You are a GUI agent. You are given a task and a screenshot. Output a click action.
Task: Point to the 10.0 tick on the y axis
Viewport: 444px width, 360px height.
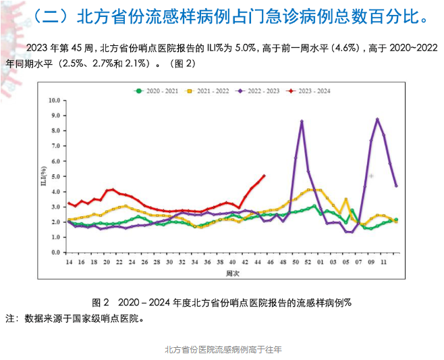[x=55, y=100]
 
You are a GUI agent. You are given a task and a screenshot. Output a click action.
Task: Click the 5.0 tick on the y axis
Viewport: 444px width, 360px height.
[x=56, y=176]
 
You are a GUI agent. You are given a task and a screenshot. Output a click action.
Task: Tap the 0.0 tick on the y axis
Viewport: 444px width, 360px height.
[x=56, y=253]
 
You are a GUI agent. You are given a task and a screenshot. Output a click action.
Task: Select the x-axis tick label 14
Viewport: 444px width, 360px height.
[x=68, y=262]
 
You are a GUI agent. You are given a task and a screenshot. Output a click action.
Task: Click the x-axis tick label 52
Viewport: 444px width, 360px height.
[x=308, y=262]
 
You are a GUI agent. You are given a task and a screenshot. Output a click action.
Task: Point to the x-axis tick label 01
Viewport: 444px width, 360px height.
[x=321, y=262]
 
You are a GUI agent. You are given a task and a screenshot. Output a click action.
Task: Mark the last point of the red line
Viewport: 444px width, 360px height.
[x=264, y=176]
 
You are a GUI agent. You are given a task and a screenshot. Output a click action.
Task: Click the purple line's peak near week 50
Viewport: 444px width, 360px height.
[x=302, y=121]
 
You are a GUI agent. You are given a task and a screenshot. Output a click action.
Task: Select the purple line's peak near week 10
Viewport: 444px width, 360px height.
[x=377, y=119]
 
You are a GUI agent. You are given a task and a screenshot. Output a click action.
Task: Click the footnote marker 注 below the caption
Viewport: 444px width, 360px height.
[x=9, y=317]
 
